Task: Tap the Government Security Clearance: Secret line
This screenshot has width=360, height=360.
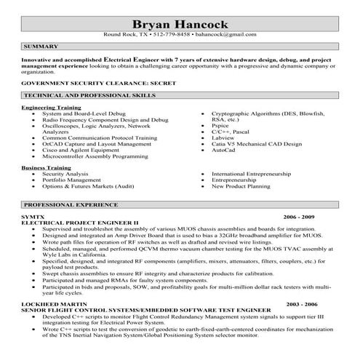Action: tap(89, 84)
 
